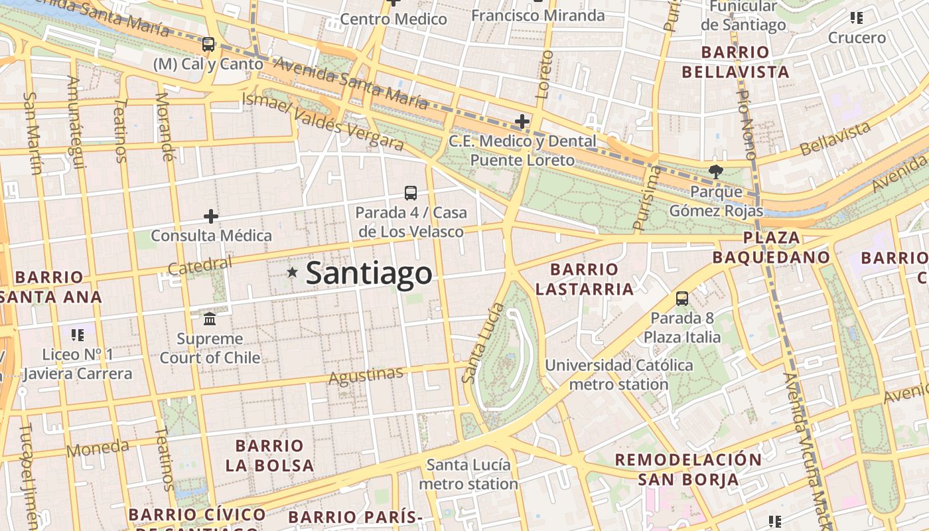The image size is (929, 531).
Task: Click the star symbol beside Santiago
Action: pyautogui.click(x=292, y=272)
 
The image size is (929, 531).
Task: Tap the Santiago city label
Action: pyautogui.click(x=369, y=273)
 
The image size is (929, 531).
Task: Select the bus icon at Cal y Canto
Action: pyautogui.click(x=208, y=44)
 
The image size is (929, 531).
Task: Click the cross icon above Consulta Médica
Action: pyautogui.click(x=211, y=216)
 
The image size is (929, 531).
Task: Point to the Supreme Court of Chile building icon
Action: pyautogui.click(x=210, y=319)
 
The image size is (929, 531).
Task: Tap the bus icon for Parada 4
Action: pyautogui.click(x=411, y=193)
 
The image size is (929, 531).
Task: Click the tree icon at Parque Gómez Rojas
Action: pyautogui.click(x=715, y=172)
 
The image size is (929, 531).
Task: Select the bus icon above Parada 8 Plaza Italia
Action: pyautogui.click(x=682, y=299)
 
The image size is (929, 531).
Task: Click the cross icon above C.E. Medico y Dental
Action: pyautogui.click(x=522, y=121)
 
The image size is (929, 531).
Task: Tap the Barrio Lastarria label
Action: pyautogui.click(x=584, y=279)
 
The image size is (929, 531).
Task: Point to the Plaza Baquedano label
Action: pyautogui.click(x=771, y=248)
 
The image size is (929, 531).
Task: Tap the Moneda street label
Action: pyautogui.click(x=98, y=449)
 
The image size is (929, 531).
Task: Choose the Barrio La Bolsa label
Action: pyautogui.click(x=269, y=455)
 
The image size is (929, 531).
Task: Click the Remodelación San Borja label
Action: pyautogui.click(x=688, y=469)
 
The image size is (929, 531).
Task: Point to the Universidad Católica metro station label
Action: pyautogui.click(x=618, y=374)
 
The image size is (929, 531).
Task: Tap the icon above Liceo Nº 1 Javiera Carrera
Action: pyautogui.click(x=78, y=335)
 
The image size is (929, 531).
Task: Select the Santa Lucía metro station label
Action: pyautogui.click(x=468, y=474)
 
